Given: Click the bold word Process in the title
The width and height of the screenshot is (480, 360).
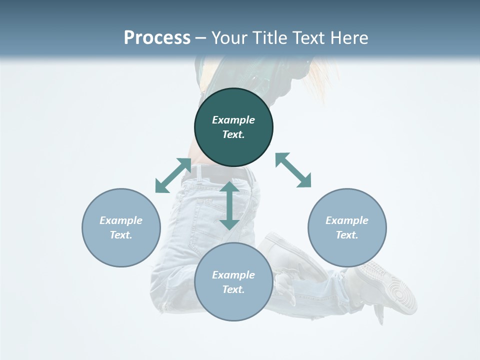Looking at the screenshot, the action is [x=157, y=37].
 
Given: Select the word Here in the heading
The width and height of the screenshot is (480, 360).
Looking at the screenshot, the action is [x=349, y=37].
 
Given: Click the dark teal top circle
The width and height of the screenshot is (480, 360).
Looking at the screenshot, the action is [x=233, y=127].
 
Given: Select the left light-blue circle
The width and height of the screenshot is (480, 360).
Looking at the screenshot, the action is [x=121, y=228].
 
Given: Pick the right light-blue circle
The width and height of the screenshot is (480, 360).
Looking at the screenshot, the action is [x=347, y=228].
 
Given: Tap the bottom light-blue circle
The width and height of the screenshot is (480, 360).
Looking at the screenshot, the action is [x=233, y=282].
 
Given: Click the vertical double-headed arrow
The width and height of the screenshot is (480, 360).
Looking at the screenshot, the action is [x=229, y=206].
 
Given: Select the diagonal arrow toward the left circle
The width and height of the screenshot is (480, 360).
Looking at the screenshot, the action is [x=173, y=175].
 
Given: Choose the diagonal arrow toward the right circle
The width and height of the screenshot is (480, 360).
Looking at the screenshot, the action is [x=293, y=170].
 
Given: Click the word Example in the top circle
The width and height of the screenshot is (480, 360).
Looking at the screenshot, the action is [x=233, y=120].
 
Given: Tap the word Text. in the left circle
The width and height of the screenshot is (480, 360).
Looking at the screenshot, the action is [x=121, y=235].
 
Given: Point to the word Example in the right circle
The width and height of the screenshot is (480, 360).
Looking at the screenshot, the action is [x=347, y=220].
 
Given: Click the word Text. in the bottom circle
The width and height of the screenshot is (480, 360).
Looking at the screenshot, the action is [x=233, y=289].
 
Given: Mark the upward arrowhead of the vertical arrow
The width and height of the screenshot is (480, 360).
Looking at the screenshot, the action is [x=229, y=186].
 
